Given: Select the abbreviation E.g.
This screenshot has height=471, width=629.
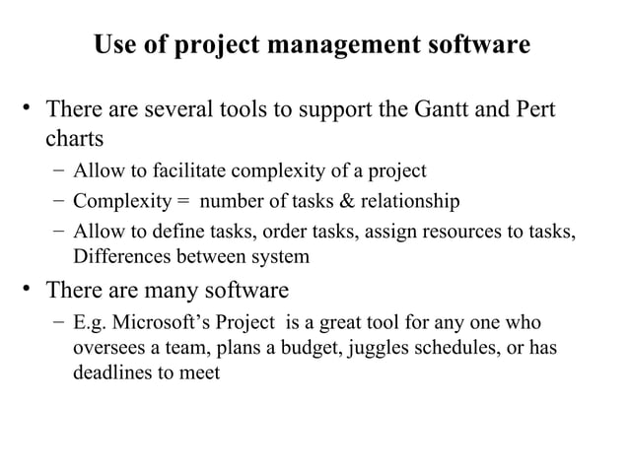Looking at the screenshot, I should pos(91,323).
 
